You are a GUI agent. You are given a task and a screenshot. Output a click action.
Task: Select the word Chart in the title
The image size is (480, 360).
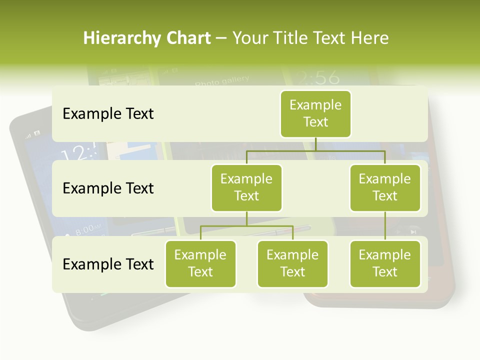[x=187, y=38]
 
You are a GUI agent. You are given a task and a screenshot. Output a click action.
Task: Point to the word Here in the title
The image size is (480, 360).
[x=369, y=38]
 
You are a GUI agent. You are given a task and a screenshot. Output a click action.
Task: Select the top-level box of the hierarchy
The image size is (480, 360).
[x=315, y=114]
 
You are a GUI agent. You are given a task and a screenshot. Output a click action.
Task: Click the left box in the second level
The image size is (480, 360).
[x=246, y=188]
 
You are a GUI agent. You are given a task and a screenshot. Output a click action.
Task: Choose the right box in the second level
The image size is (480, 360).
[x=385, y=188]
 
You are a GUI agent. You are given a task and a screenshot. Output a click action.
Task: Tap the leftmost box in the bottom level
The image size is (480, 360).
[x=200, y=264]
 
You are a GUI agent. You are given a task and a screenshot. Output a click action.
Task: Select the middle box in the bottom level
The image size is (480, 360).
[x=292, y=264]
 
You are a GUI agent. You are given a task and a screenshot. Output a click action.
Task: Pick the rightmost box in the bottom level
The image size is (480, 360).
[x=385, y=264]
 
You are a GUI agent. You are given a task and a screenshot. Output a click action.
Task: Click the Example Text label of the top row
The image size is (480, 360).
[x=108, y=114]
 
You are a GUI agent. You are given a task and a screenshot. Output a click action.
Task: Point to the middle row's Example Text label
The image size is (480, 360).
[x=108, y=188]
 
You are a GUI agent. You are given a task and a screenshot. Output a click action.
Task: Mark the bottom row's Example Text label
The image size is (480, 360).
[x=108, y=264]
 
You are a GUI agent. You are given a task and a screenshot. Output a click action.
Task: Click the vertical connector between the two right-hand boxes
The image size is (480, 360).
[x=385, y=226]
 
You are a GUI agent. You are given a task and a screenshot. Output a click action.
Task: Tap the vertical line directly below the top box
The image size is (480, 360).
[x=315, y=144]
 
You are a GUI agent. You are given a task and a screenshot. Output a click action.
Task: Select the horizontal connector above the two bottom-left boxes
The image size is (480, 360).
[x=246, y=226]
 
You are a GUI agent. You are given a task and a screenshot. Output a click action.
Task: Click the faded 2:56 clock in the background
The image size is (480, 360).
[x=316, y=77]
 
